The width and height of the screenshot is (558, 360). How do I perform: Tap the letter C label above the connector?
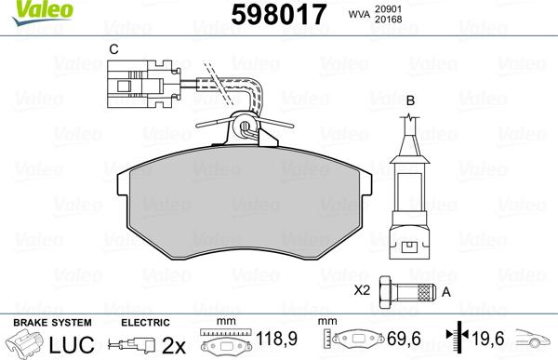pyautogui.click(x=113, y=49)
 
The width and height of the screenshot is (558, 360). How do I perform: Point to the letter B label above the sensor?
pyautogui.click(x=409, y=99)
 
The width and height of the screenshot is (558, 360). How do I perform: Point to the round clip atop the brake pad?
pyautogui.click(x=246, y=126)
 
